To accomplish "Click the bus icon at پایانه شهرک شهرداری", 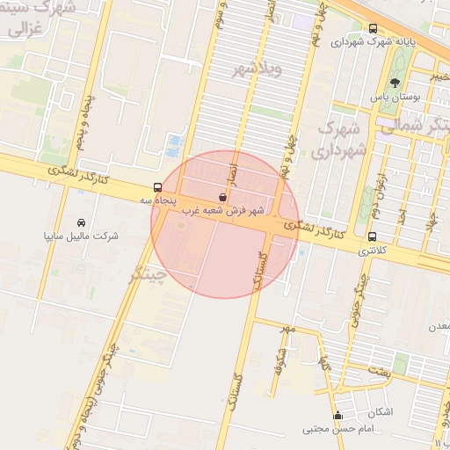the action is tap(374, 28).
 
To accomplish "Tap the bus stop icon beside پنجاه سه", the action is tap(157, 187).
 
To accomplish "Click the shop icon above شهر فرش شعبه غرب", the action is tap(222, 198).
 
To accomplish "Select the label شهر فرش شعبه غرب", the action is tap(223, 211).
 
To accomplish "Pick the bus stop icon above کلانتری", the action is tap(372, 236).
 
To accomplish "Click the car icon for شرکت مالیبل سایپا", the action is tap(82, 222).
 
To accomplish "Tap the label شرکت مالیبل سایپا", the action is tap(81, 236).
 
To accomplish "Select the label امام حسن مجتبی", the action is tap(327, 429).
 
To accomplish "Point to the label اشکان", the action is tap(381, 412).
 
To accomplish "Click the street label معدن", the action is tap(439, 326).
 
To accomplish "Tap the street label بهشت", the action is tap(380, 373).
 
